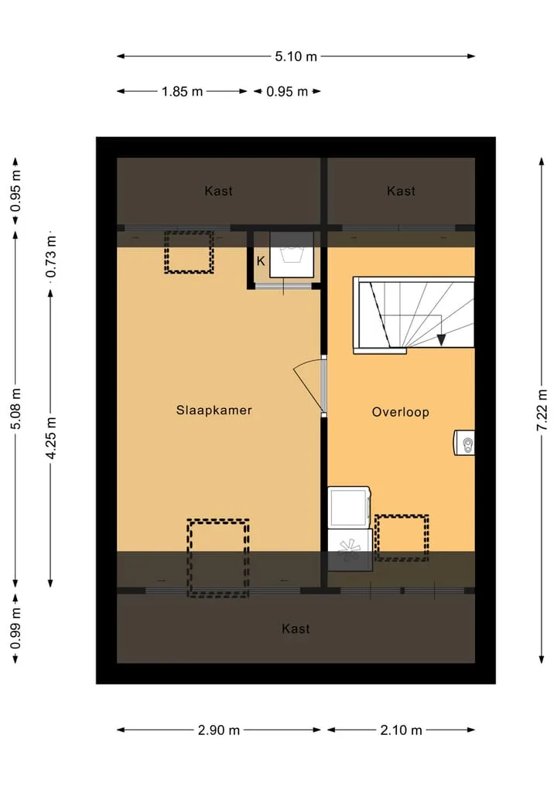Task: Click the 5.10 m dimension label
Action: click(x=296, y=56)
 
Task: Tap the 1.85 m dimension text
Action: click(x=182, y=91)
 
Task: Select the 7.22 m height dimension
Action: click(x=542, y=410)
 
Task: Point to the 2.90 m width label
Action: click(x=219, y=730)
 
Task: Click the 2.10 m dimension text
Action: click(x=401, y=730)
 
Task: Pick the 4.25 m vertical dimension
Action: click(x=51, y=437)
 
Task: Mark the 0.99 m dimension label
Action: click(x=15, y=628)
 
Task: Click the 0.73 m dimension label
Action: click(x=51, y=257)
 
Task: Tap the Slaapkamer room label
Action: click(x=214, y=410)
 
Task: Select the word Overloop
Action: click(x=401, y=412)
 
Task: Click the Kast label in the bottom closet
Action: click(x=296, y=628)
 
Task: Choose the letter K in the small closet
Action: click(x=261, y=261)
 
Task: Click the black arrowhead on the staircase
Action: click(x=441, y=340)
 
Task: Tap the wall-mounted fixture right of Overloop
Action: click(x=464, y=443)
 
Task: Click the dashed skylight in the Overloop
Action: click(x=402, y=538)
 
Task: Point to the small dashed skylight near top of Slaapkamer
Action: click(x=190, y=252)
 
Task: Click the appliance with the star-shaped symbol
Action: click(x=350, y=550)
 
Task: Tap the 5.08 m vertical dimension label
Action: click(x=15, y=408)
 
